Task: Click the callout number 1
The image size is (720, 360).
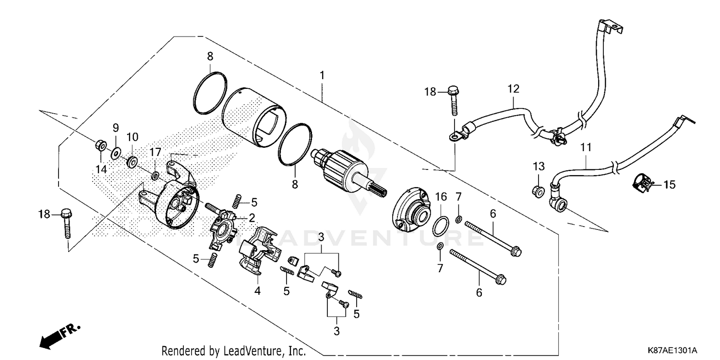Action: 322,75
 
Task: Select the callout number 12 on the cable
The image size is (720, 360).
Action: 514,89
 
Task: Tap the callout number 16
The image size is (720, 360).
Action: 441,196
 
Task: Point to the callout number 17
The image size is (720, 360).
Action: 155,153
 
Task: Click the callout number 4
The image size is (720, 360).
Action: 257,291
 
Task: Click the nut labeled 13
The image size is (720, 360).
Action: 539,192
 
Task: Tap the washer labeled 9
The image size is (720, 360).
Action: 116,153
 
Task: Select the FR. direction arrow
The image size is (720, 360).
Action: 60,335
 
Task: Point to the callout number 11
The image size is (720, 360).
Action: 586,147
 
